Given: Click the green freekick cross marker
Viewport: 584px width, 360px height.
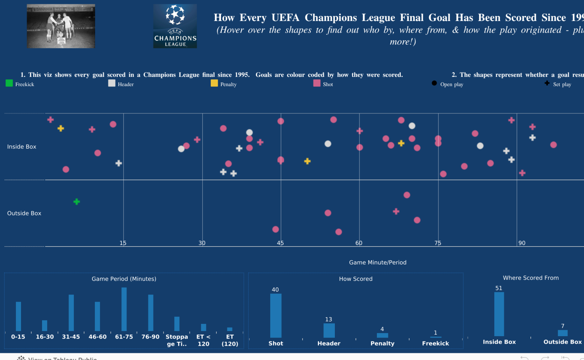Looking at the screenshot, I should (x=77, y=202).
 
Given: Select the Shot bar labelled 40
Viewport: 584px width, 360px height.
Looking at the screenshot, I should (x=276, y=315).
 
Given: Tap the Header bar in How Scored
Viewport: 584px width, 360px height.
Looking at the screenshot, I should (x=329, y=330).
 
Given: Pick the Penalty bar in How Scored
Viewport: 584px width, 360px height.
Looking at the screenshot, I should (x=382, y=335).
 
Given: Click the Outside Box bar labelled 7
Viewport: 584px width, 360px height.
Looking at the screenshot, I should (x=563, y=333).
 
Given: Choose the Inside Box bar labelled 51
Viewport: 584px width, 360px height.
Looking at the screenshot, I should (x=499, y=314).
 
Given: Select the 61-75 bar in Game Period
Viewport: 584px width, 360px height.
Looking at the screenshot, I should (x=124, y=309).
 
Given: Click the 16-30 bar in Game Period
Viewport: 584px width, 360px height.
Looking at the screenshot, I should (x=45, y=326).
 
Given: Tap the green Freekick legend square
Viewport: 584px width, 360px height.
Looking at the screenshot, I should (x=9, y=83).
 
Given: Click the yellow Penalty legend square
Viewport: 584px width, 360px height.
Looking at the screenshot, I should (x=214, y=83).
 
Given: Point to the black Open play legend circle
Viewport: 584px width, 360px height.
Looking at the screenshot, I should (x=434, y=83).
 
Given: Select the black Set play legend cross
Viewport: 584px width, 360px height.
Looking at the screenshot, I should (x=547, y=83).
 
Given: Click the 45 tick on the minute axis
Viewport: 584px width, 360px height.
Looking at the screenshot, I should (x=280, y=243).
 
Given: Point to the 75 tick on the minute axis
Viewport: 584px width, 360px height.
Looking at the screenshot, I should (x=438, y=243).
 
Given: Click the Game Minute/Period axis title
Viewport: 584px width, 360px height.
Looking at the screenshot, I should (x=378, y=262).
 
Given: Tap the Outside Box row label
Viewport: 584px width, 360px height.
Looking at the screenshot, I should (x=24, y=213).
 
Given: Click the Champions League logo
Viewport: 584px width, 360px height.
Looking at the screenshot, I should (x=175, y=26).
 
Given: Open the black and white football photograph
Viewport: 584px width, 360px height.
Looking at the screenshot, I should (x=61, y=26).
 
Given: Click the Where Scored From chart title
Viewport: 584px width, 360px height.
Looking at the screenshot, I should (x=531, y=278).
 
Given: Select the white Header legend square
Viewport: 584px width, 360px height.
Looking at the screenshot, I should (x=112, y=83).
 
